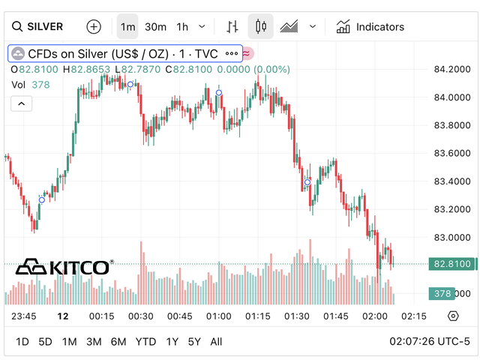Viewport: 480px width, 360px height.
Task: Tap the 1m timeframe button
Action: tap(128, 27)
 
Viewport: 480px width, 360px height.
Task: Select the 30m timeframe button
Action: tap(155, 27)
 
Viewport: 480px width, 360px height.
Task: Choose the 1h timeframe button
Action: tap(182, 27)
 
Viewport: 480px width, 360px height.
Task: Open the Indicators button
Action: tap(370, 27)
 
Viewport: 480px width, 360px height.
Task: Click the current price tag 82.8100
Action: tap(451, 264)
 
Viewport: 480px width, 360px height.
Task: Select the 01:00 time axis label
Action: tap(218, 316)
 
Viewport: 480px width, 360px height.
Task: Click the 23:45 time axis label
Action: tap(24, 316)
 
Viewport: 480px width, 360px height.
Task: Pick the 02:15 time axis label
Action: tap(415, 316)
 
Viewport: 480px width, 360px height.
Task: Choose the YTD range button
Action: tap(145, 342)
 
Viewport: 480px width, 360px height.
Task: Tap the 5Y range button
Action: tap(194, 342)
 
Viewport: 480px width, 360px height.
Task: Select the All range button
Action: tap(216, 342)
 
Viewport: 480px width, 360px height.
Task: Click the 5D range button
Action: tap(46, 342)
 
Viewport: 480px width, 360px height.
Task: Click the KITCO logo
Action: tap(64, 267)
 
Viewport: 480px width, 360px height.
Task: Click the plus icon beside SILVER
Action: tap(94, 27)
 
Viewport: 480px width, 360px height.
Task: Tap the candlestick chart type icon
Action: tap(261, 27)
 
